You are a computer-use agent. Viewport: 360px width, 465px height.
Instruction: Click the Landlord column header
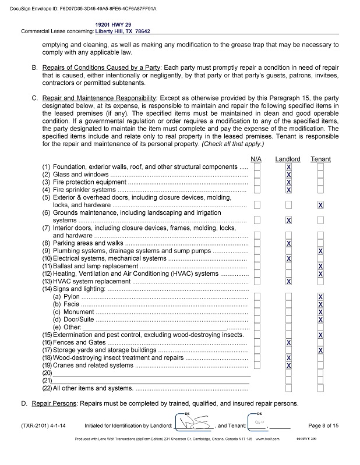tap(288, 159)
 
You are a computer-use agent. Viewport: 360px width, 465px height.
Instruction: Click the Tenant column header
tap(320, 159)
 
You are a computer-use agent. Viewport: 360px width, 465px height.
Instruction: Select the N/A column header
tap(256, 159)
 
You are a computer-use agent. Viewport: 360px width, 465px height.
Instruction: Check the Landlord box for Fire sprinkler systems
tap(288, 190)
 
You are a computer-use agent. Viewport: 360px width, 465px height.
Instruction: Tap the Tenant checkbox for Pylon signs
tap(320, 297)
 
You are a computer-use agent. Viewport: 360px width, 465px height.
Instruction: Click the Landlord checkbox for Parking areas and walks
tap(288, 243)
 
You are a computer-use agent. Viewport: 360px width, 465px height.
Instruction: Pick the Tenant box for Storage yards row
tap(320, 350)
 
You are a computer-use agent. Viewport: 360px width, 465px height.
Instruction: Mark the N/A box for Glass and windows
tap(257, 174)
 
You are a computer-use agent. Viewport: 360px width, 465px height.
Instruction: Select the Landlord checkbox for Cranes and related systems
tap(288, 365)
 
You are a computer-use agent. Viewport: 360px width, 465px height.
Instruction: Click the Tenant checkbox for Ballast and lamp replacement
tap(320, 266)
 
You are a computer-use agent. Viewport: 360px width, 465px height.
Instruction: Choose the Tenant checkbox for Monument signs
tap(320, 312)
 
